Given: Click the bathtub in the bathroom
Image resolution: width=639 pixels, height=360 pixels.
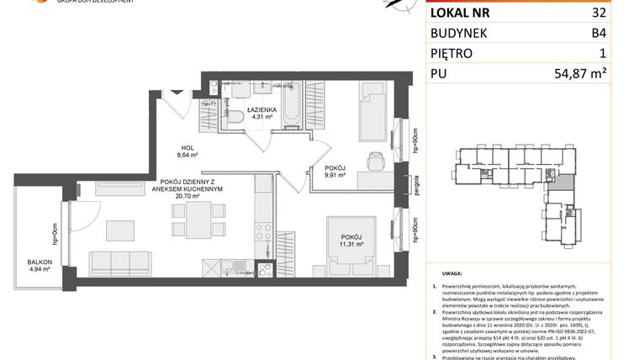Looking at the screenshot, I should pos(291,109).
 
